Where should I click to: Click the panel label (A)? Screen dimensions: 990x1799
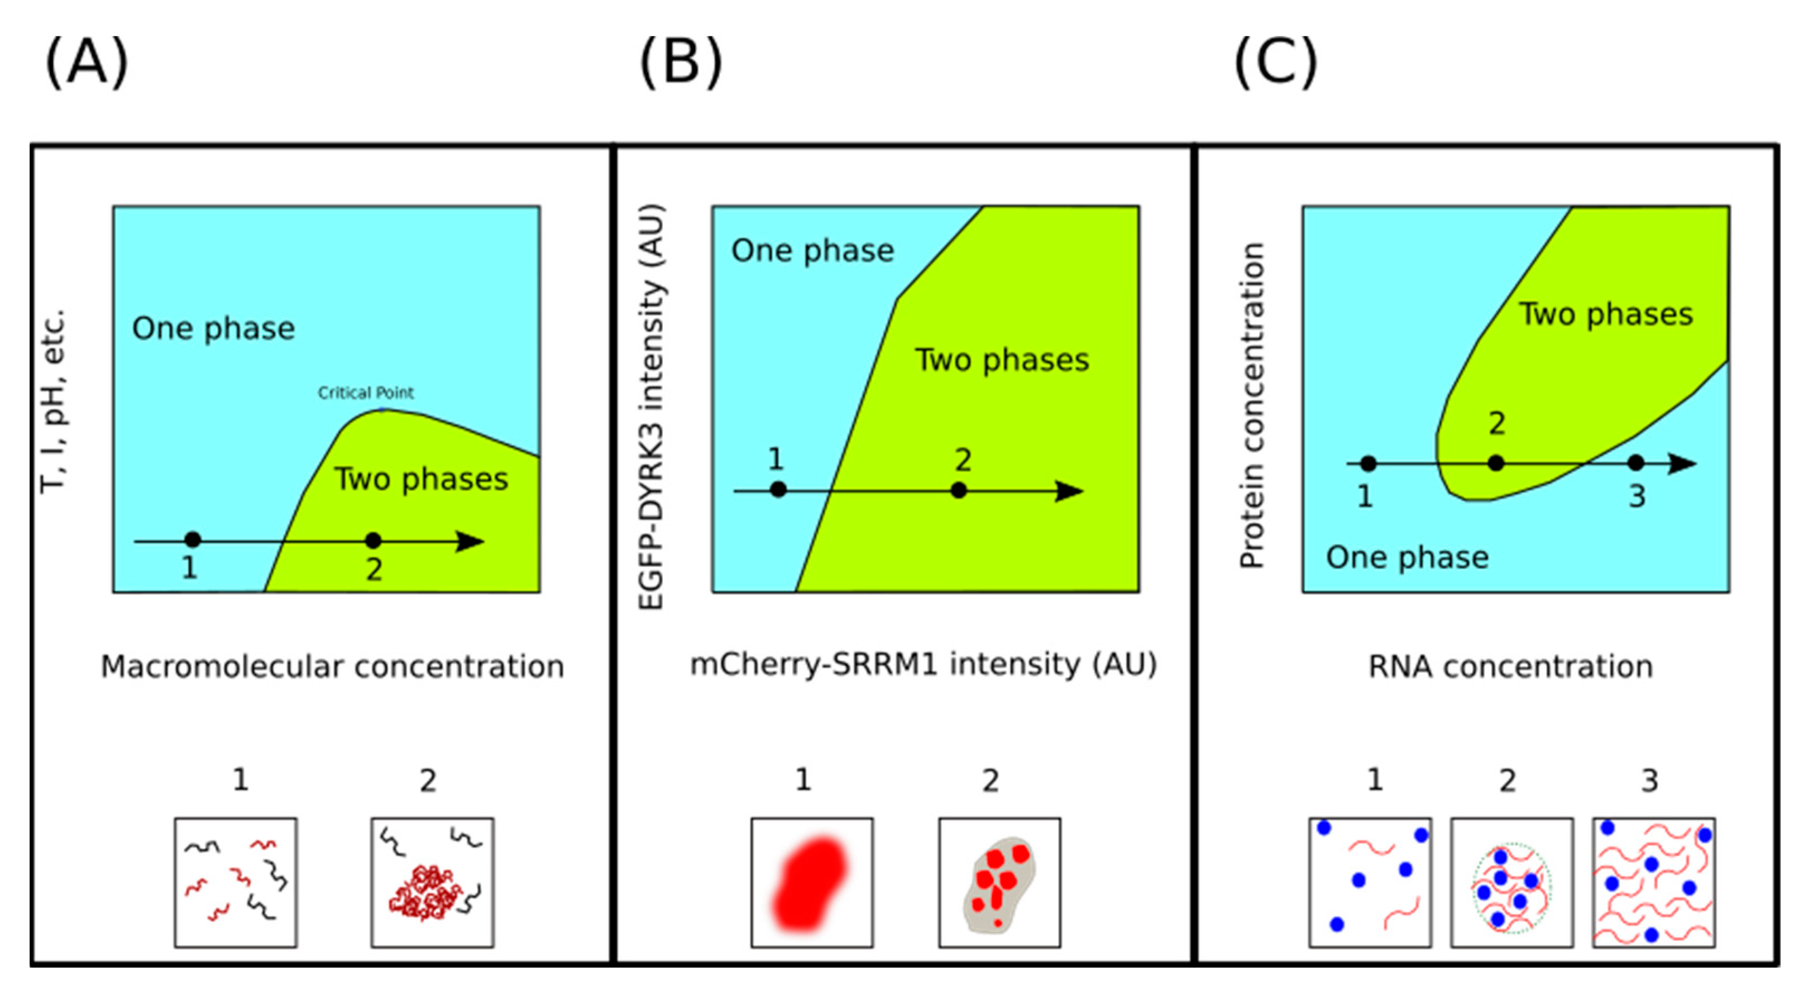87,63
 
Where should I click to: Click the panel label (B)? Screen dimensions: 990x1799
681,63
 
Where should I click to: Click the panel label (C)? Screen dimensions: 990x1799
1275,63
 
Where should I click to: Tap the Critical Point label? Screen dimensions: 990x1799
365,393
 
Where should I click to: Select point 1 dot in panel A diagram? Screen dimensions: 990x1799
193,540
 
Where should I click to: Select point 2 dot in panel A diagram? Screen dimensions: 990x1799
374,540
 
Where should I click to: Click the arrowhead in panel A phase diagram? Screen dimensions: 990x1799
470,541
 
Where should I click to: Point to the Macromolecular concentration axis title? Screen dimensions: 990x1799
332,667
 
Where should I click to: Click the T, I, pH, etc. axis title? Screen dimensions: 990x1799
53,401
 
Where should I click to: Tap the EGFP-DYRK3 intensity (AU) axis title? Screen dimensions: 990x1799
651,407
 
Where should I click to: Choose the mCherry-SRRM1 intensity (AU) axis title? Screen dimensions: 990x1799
924,664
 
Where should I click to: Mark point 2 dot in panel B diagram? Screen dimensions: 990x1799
960,491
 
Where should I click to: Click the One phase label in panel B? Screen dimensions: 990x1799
812,251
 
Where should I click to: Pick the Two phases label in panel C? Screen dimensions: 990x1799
1606,314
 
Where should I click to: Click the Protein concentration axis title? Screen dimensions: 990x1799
1251,405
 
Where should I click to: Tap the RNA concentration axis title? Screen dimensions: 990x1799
1510,667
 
